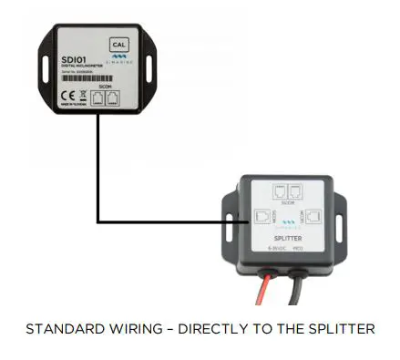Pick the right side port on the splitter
[x=312, y=218]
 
